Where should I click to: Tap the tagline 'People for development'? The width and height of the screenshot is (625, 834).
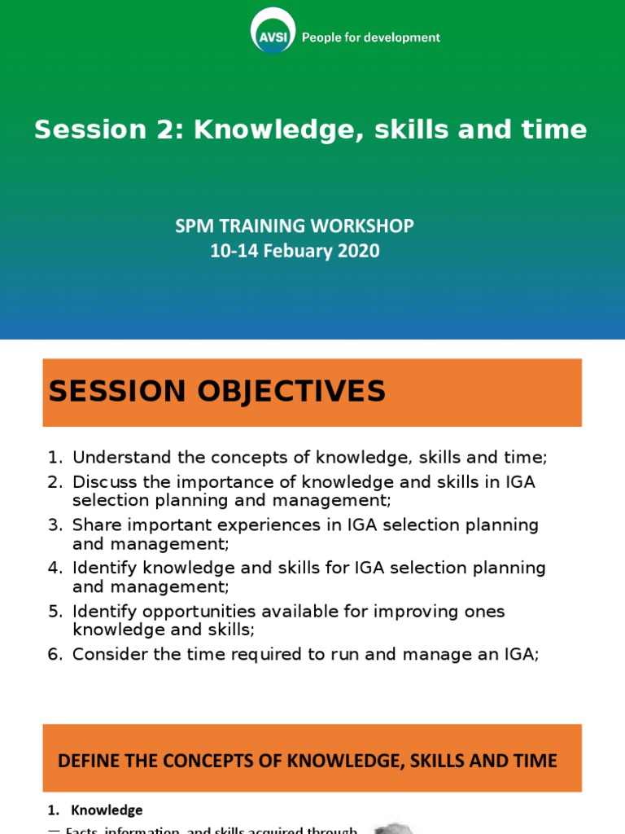coord(371,37)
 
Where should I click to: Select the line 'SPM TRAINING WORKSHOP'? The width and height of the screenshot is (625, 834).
coord(295,226)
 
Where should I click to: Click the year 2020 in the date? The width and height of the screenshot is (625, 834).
coord(359,251)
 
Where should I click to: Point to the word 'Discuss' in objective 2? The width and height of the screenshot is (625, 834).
coord(103,482)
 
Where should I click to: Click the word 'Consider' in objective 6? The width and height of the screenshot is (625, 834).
coord(108,654)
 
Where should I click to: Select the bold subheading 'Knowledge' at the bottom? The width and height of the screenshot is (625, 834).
coord(107,810)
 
